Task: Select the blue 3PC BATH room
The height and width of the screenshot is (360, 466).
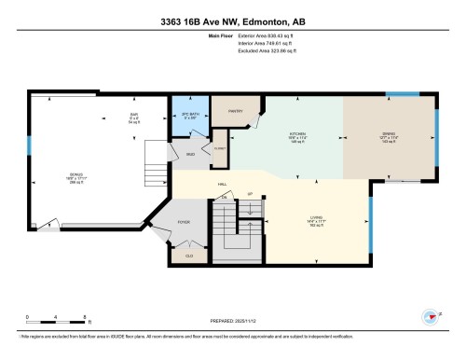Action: [189, 118]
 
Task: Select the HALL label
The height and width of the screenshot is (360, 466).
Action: [224, 185]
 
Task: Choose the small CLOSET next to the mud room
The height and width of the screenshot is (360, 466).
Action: [220, 148]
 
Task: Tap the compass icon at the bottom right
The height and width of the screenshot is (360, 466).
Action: [430, 317]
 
